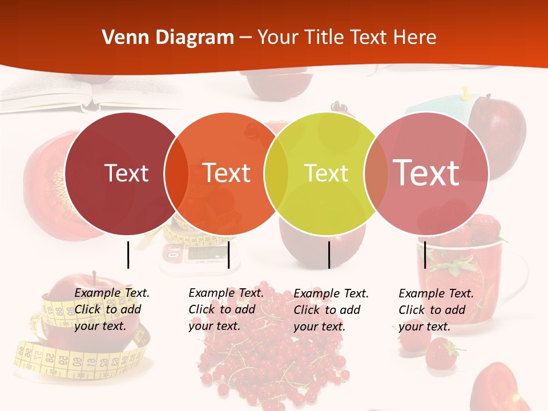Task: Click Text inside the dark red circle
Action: coord(126,173)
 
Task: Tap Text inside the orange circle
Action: coord(227,173)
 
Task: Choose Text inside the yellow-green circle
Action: coord(327,173)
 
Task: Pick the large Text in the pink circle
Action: coord(426,173)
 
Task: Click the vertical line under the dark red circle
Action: coord(128,255)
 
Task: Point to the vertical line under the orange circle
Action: coord(228,255)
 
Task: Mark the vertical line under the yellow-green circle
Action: coord(329,255)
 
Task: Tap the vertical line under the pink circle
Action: coord(425,255)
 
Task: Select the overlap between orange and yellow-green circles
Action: coord(276,174)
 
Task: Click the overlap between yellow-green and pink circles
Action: coord(376,174)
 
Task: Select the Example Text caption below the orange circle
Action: coord(226,309)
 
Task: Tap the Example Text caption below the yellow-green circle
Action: coord(331,310)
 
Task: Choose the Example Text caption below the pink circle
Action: coord(436,310)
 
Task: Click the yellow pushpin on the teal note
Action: coord(465,93)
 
